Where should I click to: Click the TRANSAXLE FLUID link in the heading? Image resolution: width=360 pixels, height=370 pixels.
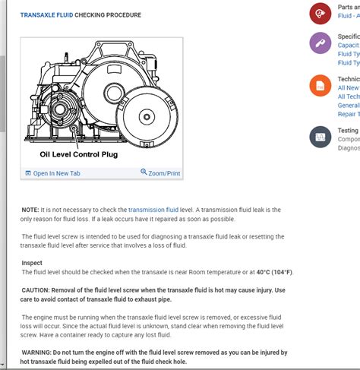click(46, 14)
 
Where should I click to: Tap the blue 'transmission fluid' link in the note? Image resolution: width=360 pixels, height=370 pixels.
click(153, 209)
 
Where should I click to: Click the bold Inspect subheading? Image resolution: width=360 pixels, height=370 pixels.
click(32, 263)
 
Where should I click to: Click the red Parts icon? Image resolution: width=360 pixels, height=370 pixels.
click(320, 14)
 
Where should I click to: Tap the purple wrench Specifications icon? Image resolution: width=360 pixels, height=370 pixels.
click(320, 43)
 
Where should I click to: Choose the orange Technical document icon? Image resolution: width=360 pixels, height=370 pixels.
click(320, 86)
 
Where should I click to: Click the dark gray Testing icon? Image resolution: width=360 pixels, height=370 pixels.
click(320, 137)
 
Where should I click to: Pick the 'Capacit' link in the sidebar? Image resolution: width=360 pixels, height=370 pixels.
click(348, 46)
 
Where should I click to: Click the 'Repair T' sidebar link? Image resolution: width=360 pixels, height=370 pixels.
click(348, 113)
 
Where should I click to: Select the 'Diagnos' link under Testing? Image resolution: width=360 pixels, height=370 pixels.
click(348, 148)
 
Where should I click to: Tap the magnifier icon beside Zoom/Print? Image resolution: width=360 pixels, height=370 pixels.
click(144, 172)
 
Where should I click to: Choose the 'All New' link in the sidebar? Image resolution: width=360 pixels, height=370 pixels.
click(348, 88)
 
